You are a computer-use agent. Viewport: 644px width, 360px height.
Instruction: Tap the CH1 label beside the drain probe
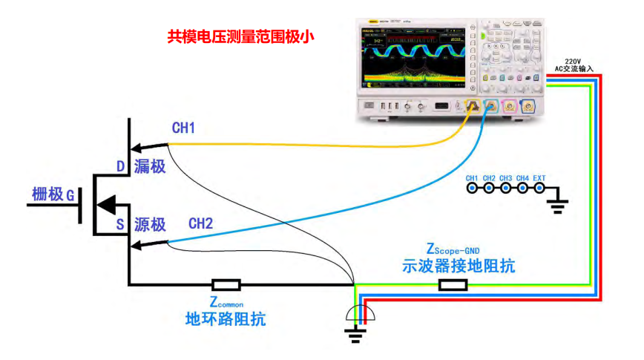click(x=183, y=128)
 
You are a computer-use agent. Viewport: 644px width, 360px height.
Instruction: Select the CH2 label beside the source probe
click(x=200, y=223)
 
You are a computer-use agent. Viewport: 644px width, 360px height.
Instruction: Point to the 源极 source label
click(x=151, y=223)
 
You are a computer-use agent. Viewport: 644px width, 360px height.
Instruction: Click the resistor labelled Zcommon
click(x=226, y=284)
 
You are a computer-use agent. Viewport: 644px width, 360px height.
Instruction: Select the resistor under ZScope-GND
click(x=453, y=284)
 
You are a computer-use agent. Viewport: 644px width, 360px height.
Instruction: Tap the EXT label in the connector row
click(x=539, y=178)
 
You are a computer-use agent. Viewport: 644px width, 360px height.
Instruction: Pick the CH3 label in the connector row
click(x=506, y=178)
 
